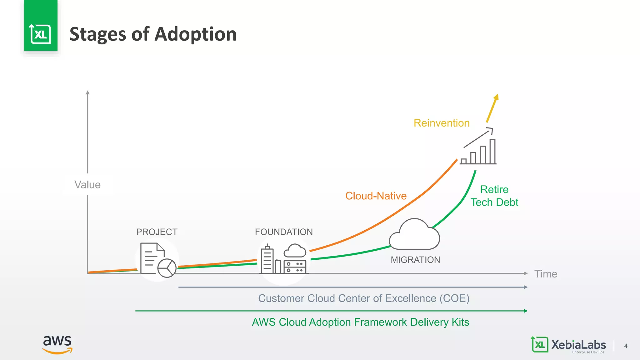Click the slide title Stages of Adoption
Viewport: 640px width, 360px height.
click(153, 34)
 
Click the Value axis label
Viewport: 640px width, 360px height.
click(87, 185)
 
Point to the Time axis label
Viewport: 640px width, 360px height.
click(546, 274)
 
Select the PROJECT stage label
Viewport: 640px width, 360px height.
click(157, 232)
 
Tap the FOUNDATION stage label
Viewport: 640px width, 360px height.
click(284, 232)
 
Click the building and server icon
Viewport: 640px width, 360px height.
click(283, 259)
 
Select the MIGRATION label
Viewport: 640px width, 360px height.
click(415, 260)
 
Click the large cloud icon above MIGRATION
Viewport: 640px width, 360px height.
click(414, 235)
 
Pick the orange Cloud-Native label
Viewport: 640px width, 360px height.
click(376, 196)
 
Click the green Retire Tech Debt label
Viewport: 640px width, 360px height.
click(494, 196)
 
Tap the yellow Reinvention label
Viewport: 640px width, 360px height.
click(442, 123)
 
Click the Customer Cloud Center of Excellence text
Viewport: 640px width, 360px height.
click(364, 298)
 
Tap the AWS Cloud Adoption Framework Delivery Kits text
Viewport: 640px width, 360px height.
click(360, 322)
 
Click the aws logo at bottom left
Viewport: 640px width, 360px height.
click(57, 344)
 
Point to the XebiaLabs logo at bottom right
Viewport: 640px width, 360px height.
click(568, 345)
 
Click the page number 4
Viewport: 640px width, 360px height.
click(626, 346)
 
